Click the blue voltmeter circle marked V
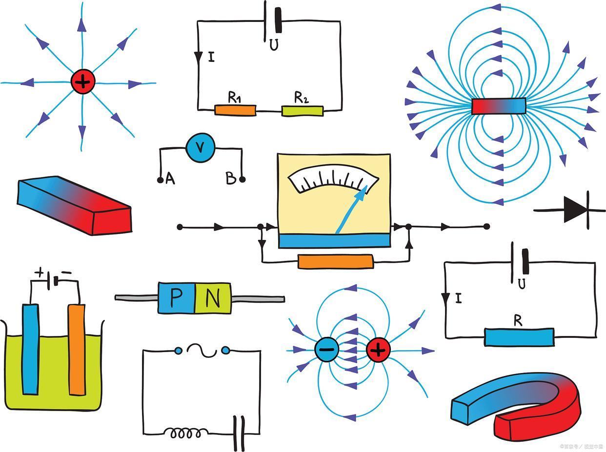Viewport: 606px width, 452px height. coord(201,147)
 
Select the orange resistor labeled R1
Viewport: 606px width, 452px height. coord(235,110)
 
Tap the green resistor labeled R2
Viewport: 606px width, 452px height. coord(302,111)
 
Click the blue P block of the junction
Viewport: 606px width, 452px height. coord(176,297)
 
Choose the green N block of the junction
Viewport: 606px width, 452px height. coord(213,297)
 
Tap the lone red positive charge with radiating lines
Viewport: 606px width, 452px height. coord(82,82)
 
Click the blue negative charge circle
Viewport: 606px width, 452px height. coord(326,349)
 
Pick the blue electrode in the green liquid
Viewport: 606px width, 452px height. coord(31,349)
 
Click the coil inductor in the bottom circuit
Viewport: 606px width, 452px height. coord(183,432)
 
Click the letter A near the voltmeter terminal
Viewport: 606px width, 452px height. coord(170,179)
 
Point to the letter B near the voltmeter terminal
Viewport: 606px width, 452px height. coord(231,179)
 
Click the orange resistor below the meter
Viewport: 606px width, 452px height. coord(335,262)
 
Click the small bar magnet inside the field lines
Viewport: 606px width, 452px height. coord(499,106)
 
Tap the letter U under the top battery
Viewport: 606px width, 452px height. coord(274,45)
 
